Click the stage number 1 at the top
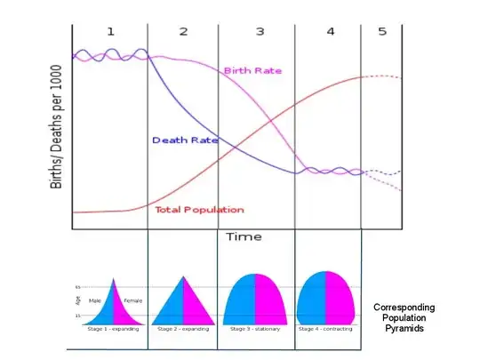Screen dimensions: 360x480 pos(111,31)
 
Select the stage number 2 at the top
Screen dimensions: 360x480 pos(183,31)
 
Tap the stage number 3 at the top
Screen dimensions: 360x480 pos(260,31)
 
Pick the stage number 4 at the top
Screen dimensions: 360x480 pos(331,31)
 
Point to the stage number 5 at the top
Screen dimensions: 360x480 pos(383,31)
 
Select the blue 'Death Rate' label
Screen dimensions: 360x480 pos(180,140)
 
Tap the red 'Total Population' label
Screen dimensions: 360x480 pos(199,210)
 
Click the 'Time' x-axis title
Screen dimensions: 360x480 pos(243,236)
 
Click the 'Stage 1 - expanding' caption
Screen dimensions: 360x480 pos(110,328)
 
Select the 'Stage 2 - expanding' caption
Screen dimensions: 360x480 pos(182,328)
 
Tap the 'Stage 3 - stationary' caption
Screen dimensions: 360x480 pos(255,328)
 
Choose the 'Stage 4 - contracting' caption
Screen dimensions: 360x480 pos(326,328)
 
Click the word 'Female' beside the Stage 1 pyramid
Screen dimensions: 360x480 pos(132,300)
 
